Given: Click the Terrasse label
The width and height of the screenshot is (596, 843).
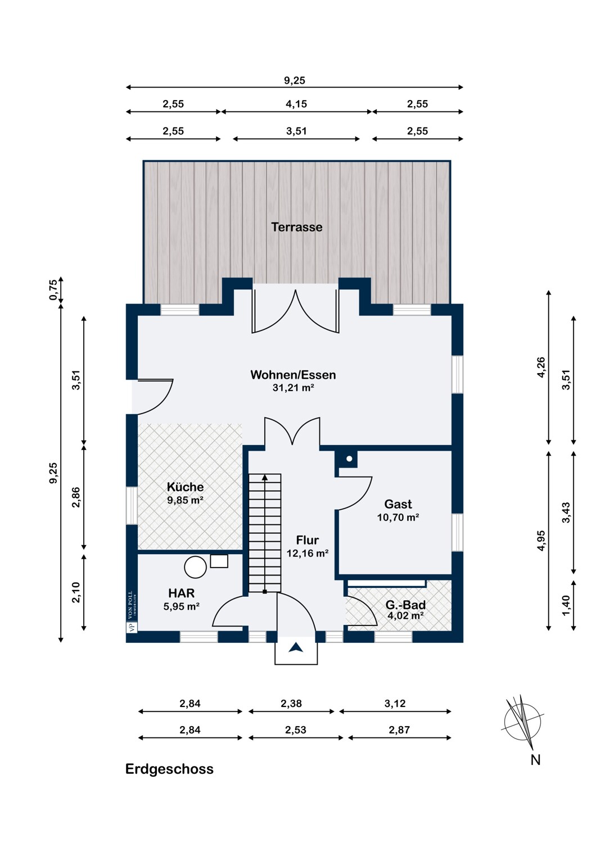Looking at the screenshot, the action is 297,227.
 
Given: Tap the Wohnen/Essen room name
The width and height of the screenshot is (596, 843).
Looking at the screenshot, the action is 293,375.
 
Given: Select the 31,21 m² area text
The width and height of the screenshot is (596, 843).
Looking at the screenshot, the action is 294,388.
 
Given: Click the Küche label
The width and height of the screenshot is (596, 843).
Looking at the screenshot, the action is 185,487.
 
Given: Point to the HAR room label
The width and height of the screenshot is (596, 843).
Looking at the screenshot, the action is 181,593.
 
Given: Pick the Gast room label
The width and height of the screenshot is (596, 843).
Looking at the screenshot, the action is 398,504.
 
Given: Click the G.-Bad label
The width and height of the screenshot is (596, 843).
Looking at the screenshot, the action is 405,605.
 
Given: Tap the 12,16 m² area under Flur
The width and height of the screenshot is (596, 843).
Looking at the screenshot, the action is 307,553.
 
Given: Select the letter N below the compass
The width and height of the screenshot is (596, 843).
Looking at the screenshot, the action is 535,760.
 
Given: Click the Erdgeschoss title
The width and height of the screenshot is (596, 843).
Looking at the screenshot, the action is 169,769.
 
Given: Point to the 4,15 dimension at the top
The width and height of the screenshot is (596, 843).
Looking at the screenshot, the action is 296,104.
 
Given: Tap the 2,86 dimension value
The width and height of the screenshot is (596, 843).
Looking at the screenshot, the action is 76,497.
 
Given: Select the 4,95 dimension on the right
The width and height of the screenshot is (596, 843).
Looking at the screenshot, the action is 541,541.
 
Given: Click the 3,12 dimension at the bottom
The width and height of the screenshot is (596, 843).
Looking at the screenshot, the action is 395,704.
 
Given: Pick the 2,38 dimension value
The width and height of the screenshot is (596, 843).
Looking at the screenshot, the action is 291,704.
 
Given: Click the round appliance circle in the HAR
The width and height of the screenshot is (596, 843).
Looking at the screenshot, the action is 195,567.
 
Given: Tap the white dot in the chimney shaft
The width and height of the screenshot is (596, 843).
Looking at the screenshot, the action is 349,459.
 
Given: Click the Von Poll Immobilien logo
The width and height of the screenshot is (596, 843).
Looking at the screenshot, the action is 132,611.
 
